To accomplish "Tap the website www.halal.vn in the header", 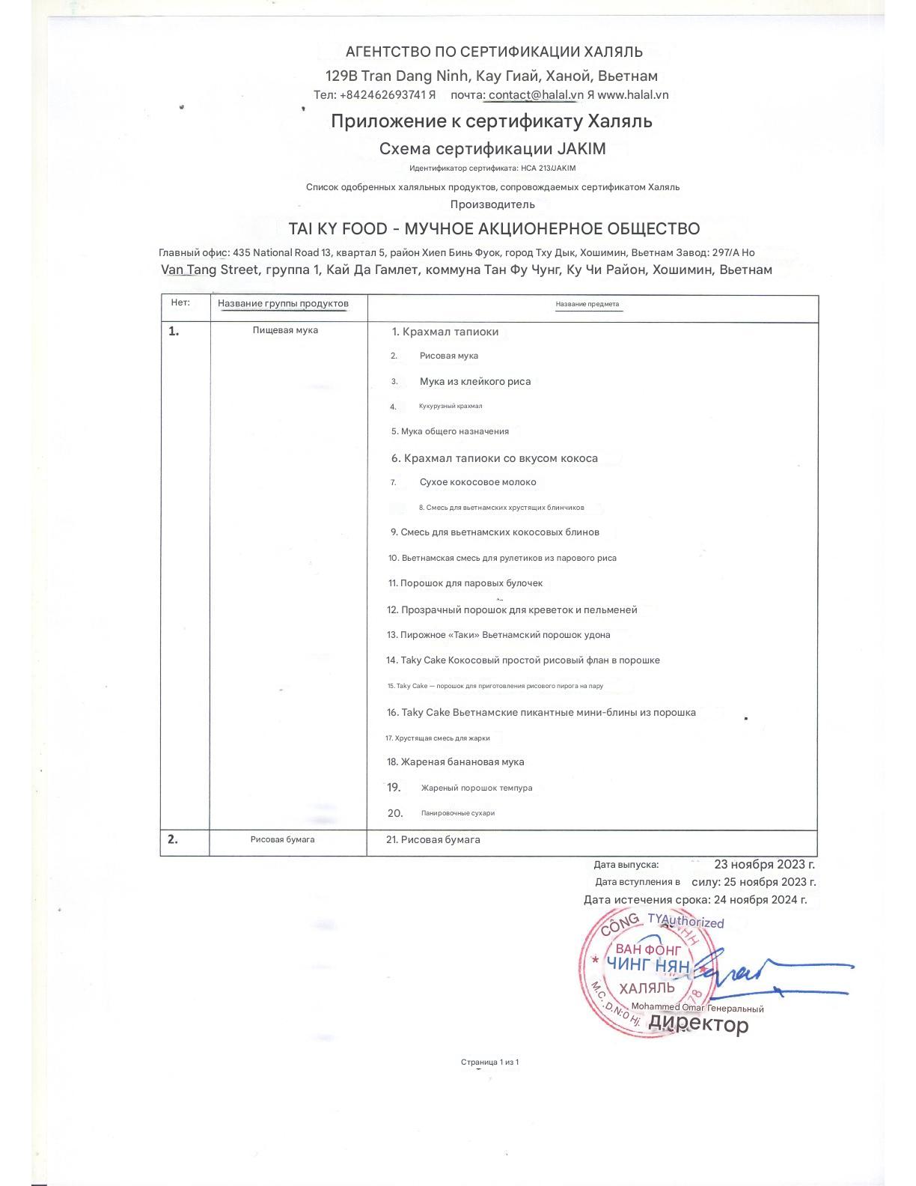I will coord(633,95).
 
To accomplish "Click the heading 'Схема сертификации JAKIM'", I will coord(492,148).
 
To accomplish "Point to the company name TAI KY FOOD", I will coord(338,229).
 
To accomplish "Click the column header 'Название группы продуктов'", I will coord(283,303).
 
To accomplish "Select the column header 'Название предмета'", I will coord(587,304).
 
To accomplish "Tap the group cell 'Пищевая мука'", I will coord(285,330).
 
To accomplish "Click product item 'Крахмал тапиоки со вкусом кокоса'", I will coord(501,458).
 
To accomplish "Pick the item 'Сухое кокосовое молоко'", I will coord(477,482).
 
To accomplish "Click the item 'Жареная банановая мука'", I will coord(462,762).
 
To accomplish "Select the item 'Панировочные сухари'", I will coord(457,813).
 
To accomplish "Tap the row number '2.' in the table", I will coord(173,839).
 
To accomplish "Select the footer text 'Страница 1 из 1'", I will coord(489,1062).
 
